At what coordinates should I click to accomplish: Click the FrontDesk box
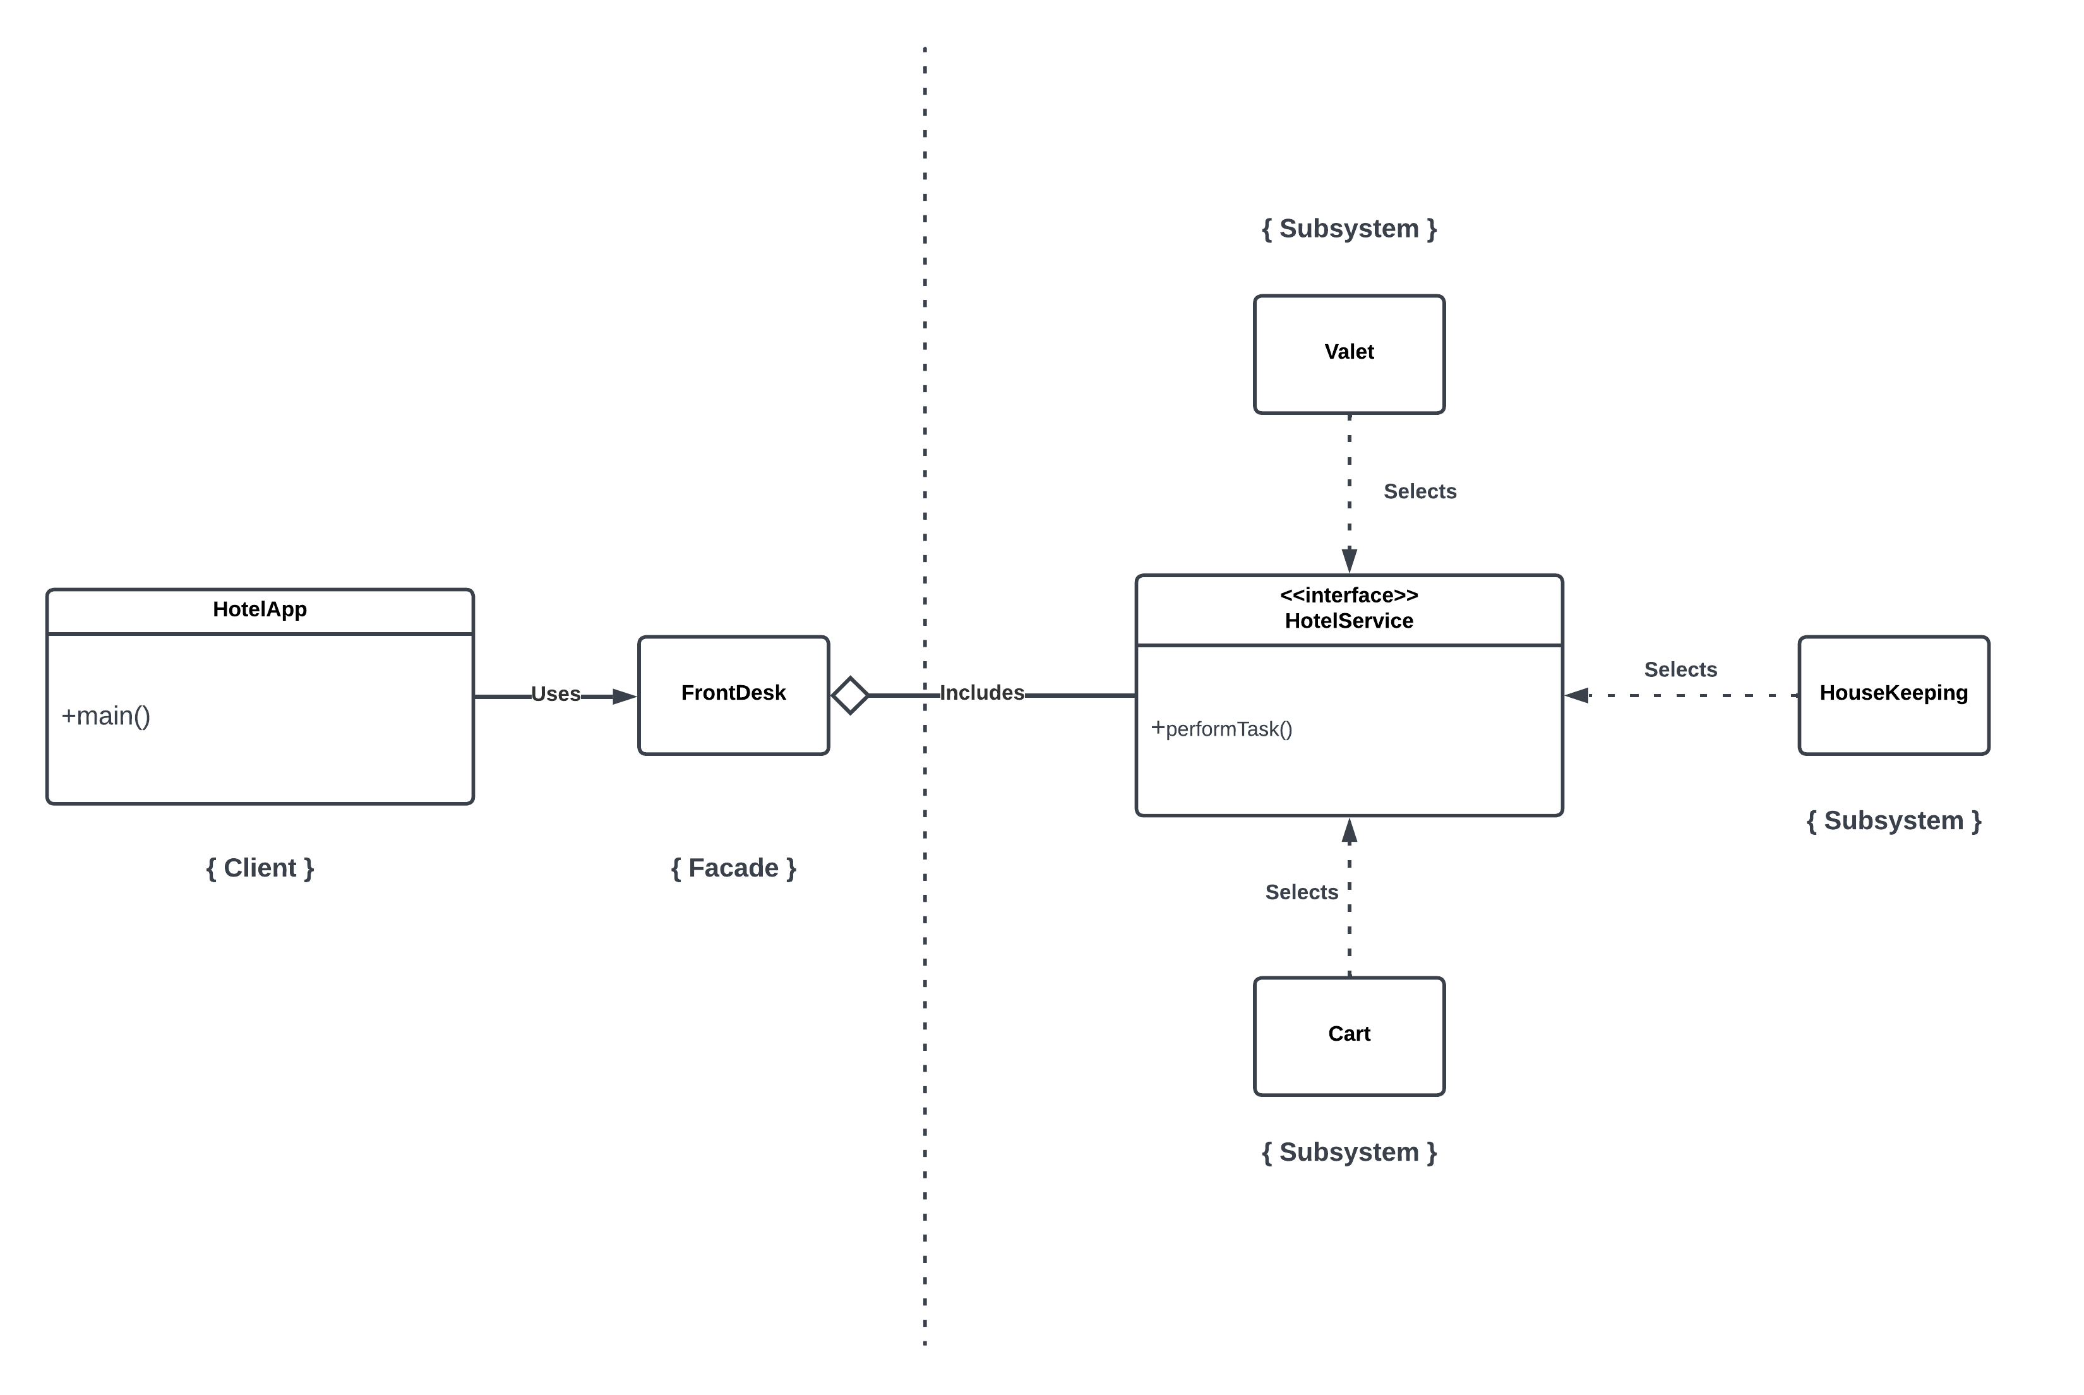(x=733, y=695)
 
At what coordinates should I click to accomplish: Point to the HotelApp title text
(x=260, y=609)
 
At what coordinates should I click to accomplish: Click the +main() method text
(x=106, y=716)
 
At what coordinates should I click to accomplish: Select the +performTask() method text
(x=1221, y=729)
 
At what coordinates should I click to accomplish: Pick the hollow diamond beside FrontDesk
(x=850, y=695)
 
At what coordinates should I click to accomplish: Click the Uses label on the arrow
(x=555, y=694)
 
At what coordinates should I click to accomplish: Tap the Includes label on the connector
(x=981, y=693)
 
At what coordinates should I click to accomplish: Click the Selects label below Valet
(x=1420, y=491)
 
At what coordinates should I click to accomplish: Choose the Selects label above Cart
(x=1302, y=892)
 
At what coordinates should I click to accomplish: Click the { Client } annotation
(x=260, y=868)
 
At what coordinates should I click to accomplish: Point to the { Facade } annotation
(x=733, y=868)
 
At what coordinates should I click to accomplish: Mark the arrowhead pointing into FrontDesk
(x=625, y=697)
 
